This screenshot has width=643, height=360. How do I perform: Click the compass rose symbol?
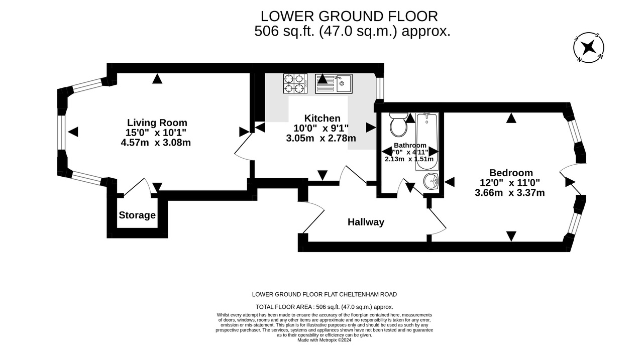[588, 47]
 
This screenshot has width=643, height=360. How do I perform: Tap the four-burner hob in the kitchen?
[295, 83]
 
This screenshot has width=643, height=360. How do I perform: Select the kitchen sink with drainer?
[334, 83]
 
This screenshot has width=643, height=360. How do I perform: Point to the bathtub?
[427, 142]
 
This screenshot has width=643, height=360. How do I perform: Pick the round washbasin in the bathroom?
[431, 181]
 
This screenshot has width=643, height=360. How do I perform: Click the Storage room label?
[137, 215]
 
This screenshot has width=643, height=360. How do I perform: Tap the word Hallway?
[366, 222]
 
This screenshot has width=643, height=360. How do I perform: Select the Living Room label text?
[157, 123]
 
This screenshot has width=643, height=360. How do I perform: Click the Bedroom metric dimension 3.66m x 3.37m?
[510, 192]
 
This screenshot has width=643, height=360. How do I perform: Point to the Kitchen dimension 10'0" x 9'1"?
[321, 128]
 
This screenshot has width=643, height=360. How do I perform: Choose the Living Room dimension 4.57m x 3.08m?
[156, 142]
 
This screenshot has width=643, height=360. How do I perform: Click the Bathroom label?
[410, 145]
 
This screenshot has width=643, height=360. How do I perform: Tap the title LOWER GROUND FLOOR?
[349, 17]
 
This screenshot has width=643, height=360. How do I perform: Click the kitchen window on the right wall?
[379, 88]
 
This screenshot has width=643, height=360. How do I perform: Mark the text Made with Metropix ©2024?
[325, 340]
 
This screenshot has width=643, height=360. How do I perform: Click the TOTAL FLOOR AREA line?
[325, 307]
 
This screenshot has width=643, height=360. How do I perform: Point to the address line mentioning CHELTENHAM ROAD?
[325, 294]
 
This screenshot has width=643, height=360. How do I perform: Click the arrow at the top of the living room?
[157, 79]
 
